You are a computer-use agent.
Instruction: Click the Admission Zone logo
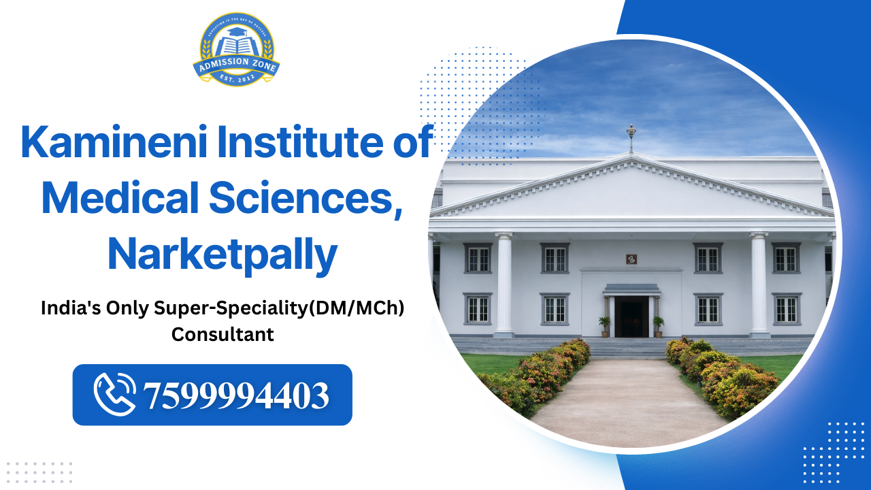[x=236, y=50]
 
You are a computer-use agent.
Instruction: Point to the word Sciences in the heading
[x=303, y=198]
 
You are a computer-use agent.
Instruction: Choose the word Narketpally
[x=223, y=253]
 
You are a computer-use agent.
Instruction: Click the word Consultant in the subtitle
[x=223, y=334]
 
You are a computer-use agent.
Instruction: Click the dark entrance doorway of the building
[x=631, y=318]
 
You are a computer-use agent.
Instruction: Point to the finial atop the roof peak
[x=631, y=137]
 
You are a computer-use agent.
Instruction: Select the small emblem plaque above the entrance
[x=631, y=259]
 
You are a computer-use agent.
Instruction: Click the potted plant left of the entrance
[x=604, y=325]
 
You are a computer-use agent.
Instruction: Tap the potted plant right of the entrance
[x=658, y=325]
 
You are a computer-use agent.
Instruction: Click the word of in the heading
[x=414, y=144]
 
